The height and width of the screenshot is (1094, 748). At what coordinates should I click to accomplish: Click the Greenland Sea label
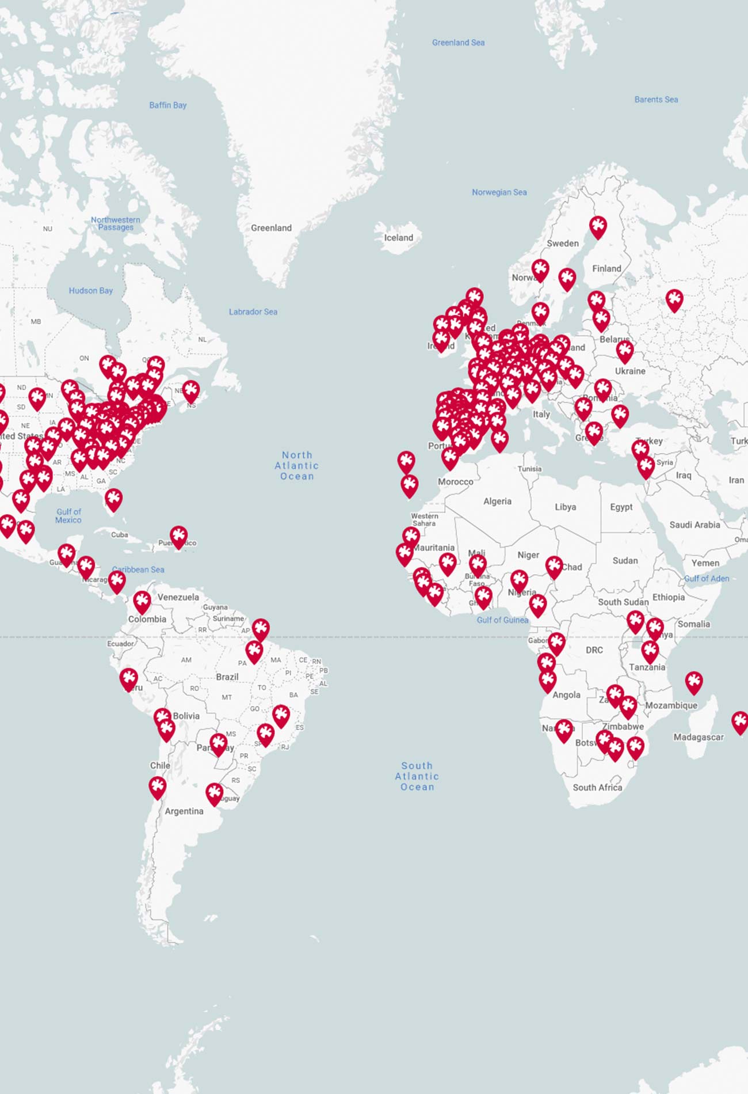(x=458, y=43)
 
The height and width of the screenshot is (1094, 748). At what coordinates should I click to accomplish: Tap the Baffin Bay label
(x=167, y=105)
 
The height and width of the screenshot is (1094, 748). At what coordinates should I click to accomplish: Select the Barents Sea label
(x=656, y=100)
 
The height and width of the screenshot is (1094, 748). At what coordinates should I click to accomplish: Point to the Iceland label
(x=398, y=238)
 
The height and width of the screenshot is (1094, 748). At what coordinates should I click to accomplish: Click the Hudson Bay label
(x=90, y=291)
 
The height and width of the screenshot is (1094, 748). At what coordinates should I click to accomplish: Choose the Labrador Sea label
(x=253, y=312)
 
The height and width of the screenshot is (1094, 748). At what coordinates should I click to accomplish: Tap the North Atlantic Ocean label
(x=296, y=466)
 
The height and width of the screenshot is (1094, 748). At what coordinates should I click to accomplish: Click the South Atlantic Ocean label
(x=417, y=776)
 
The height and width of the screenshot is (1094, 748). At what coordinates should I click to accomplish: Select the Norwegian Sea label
(x=499, y=192)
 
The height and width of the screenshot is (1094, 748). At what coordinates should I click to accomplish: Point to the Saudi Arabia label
(x=694, y=525)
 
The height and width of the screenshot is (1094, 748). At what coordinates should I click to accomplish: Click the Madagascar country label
(x=698, y=737)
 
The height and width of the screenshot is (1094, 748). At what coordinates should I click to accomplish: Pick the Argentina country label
(x=184, y=811)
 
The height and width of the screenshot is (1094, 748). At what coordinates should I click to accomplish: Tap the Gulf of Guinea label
(x=502, y=620)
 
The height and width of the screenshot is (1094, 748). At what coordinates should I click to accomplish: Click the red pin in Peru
(x=128, y=679)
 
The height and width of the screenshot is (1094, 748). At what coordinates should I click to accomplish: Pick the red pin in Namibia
(x=564, y=730)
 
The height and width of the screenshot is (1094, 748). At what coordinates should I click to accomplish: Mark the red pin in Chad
(x=554, y=567)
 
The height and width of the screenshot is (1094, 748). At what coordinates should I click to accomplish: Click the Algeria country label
(x=497, y=502)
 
